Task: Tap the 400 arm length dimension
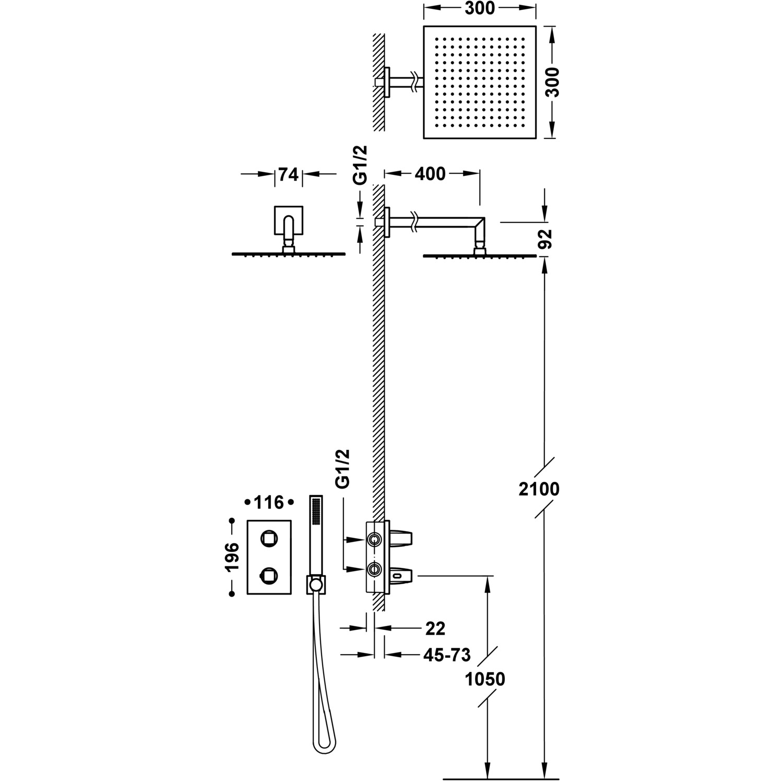click(x=431, y=174)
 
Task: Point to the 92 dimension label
click(x=545, y=239)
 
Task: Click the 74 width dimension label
click(x=288, y=174)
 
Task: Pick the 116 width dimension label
click(x=269, y=503)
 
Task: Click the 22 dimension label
click(x=435, y=628)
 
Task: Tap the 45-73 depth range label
click(x=447, y=654)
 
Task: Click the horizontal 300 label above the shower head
click(x=479, y=8)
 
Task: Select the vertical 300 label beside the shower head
click(x=553, y=82)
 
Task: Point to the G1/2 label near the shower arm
click(x=360, y=164)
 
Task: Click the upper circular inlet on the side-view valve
click(x=373, y=539)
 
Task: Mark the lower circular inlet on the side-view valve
click(x=373, y=568)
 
